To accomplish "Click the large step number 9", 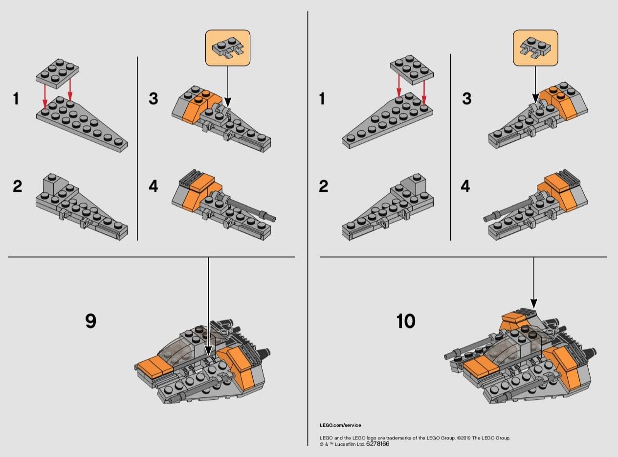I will click(x=91, y=321).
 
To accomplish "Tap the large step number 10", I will click(x=406, y=321).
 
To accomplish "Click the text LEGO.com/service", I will click(x=340, y=425).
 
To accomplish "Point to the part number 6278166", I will click(x=376, y=444).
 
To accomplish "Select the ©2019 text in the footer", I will click(x=467, y=438).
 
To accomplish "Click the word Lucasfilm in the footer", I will click(x=344, y=444).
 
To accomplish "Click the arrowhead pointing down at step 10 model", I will click(x=533, y=303).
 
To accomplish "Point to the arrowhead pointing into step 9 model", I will click(x=209, y=351).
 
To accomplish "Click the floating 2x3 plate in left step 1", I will click(x=58, y=72).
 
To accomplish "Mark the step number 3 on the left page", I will click(x=154, y=98).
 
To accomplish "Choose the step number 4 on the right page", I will click(x=465, y=186).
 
